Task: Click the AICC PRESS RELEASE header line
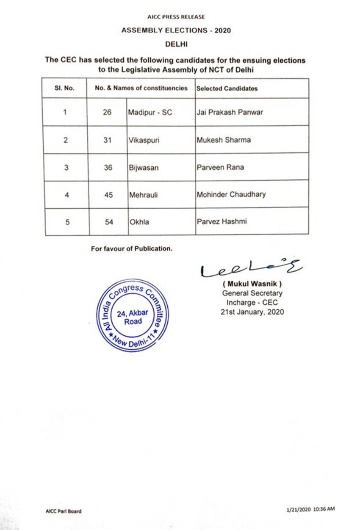(176, 17)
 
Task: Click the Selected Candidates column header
(227, 88)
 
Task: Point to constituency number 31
(108, 140)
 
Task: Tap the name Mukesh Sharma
(224, 140)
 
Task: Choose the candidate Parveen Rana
(221, 168)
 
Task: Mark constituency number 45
(108, 195)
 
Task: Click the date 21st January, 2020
(252, 312)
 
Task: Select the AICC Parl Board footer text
(64, 511)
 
